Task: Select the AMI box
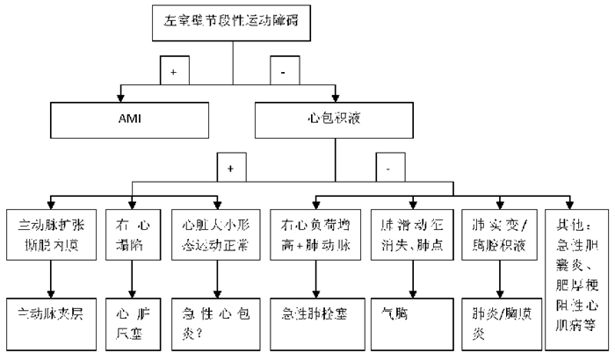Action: (123, 115)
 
